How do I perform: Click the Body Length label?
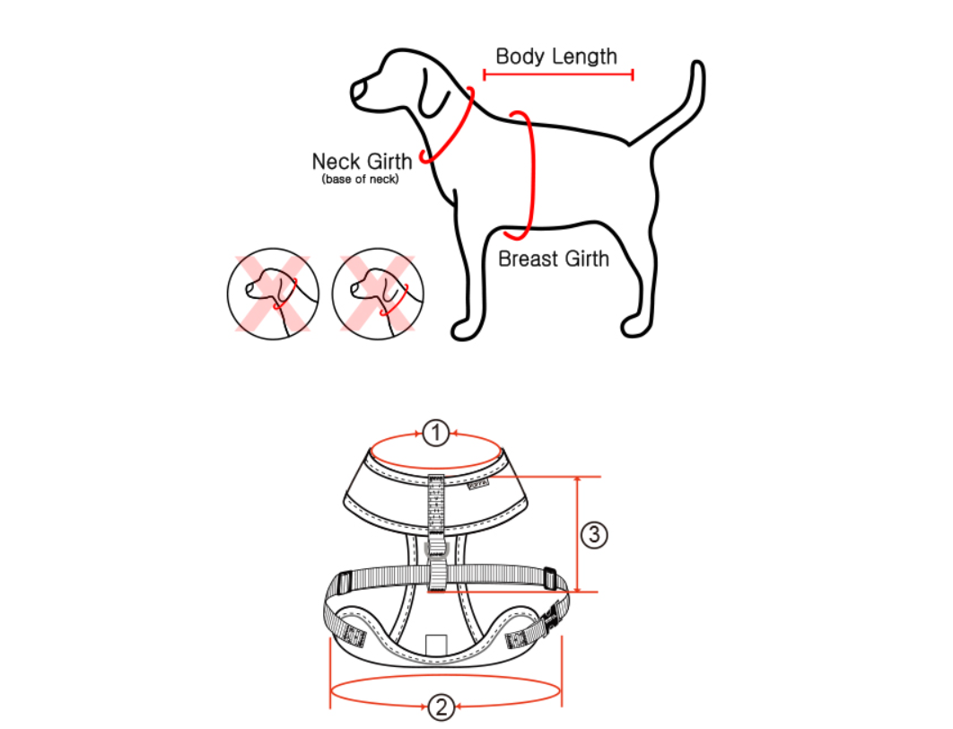click(556, 57)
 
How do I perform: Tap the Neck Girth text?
click(362, 161)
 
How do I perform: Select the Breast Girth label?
click(554, 259)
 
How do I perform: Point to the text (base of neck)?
click(361, 180)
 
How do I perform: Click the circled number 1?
click(436, 434)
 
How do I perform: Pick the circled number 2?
click(442, 707)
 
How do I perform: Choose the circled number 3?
click(594, 534)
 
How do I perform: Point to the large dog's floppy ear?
click(433, 94)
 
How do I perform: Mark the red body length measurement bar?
click(558, 75)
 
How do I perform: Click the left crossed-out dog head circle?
click(273, 294)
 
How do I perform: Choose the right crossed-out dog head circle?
click(378, 294)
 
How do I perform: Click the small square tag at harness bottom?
click(436, 645)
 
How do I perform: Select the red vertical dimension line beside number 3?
click(577, 534)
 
